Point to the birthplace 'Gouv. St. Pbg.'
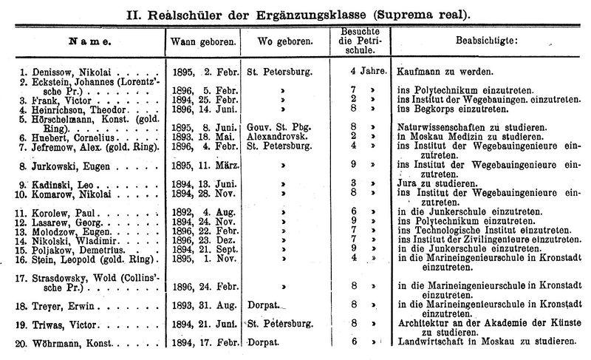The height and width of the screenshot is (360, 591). (x=279, y=126)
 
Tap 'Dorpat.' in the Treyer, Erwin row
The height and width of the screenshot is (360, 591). (x=262, y=303)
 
